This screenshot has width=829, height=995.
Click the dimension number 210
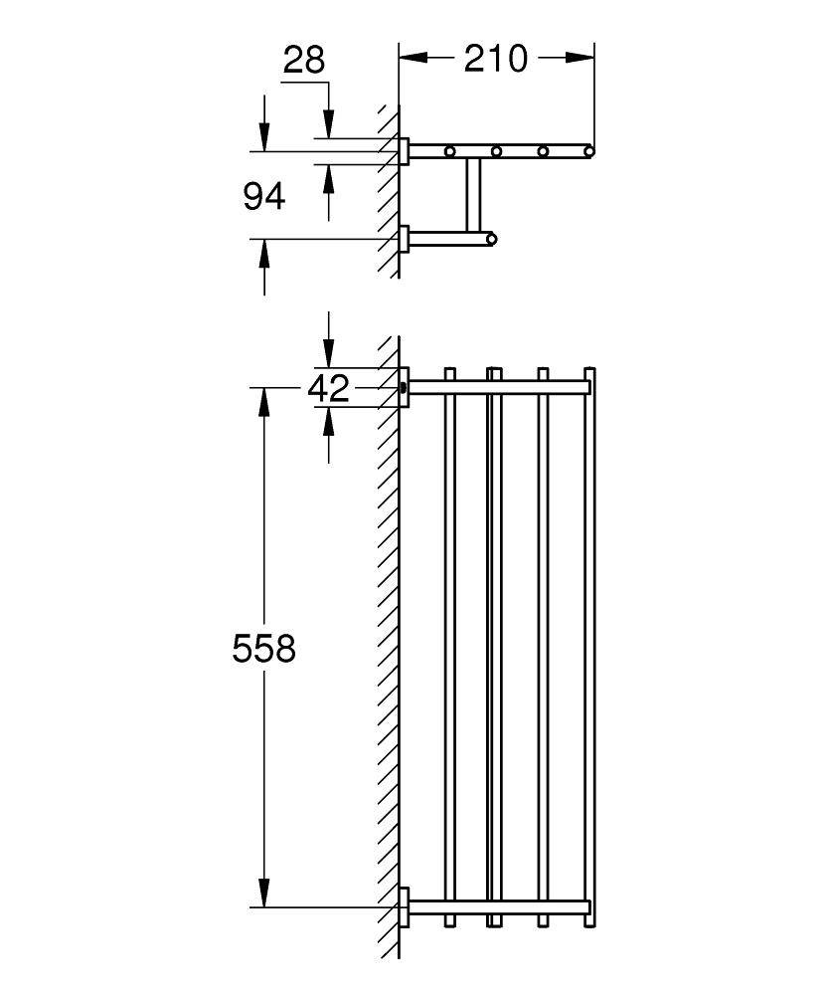click(x=496, y=59)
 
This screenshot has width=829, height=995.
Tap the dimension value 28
click(x=304, y=61)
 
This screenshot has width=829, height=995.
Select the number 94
click(x=264, y=197)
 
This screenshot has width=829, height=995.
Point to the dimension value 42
click(x=329, y=388)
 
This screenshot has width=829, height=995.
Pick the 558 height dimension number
click(x=264, y=650)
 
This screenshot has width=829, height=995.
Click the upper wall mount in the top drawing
click(x=404, y=151)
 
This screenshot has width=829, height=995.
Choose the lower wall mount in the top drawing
click(x=404, y=239)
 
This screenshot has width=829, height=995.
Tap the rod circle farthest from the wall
click(x=588, y=151)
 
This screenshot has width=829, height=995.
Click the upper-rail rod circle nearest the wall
click(x=449, y=151)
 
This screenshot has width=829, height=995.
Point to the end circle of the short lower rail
click(x=491, y=239)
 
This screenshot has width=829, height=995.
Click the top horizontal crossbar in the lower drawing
click(x=497, y=387)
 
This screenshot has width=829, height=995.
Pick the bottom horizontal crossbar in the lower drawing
click(x=497, y=906)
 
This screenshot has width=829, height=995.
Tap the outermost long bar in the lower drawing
click(x=589, y=647)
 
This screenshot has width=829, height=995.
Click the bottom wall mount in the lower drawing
click(x=404, y=906)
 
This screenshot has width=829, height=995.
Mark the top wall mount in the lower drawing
click(x=404, y=387)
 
